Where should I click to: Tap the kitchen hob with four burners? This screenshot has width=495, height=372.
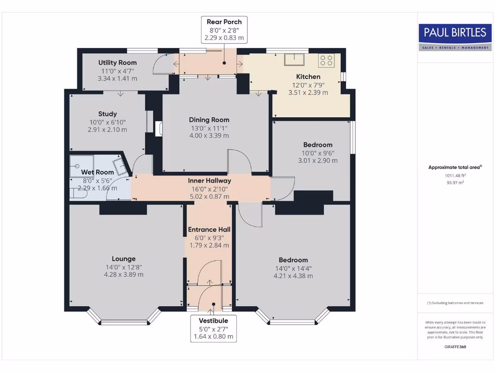coord(326,61)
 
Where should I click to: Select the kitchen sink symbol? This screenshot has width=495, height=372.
coord(294,59)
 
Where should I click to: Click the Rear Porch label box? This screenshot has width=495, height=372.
coord(224,30)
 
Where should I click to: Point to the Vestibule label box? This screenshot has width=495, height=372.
coord(213,328)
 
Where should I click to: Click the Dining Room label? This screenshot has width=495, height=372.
coord(209,120)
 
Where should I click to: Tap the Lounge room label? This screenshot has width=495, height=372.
coord(123,259)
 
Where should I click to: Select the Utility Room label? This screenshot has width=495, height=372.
coord(117,62)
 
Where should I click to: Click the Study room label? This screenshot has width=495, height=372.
coord(107,114)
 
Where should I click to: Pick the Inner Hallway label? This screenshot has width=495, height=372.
coord(209,181)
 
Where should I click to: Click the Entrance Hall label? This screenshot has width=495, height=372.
coord(209,229)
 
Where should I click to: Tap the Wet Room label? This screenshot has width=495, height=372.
coord(97,172)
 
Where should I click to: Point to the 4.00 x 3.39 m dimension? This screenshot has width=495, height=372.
coord(209,136)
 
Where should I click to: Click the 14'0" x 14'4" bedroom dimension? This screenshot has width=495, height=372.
coord(293,268)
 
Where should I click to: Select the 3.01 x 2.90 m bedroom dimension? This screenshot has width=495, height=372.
coord(318,160)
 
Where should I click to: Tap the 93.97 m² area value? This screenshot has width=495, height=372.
coord(455,183)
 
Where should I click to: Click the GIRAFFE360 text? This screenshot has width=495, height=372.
coord(455,347)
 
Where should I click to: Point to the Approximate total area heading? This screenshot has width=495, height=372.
coord(455,167)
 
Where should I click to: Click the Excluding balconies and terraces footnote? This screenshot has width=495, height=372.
coord(455,303)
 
